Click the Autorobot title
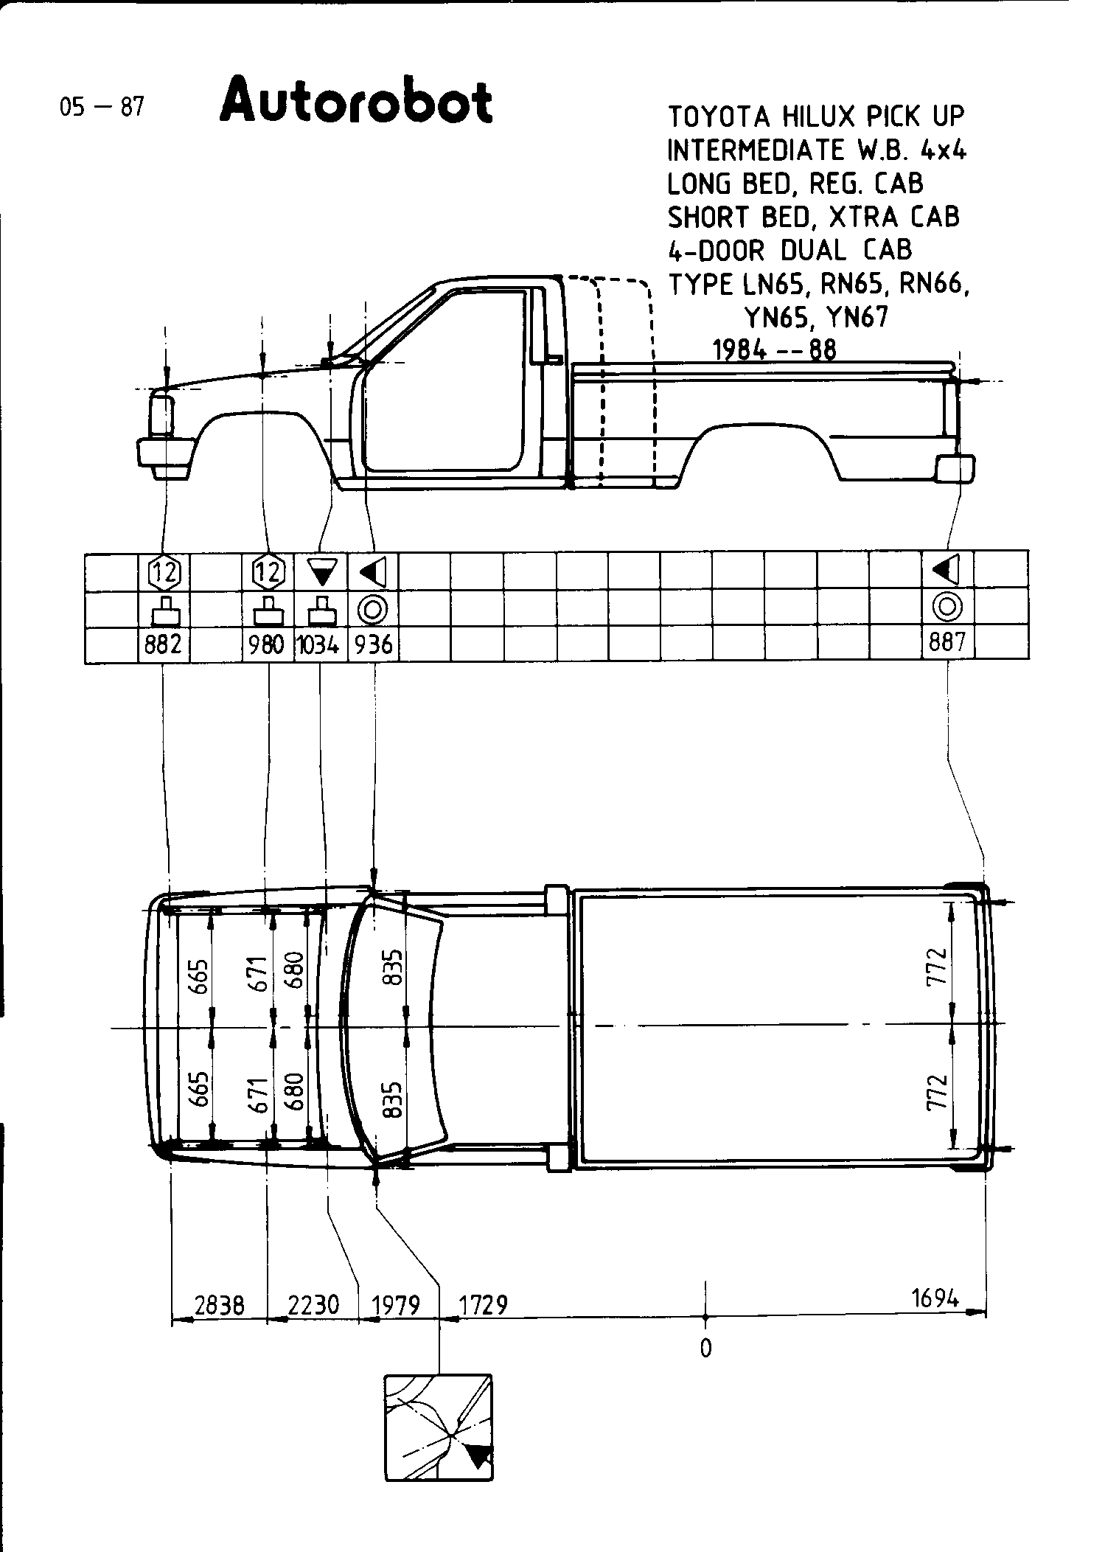[x=356, y=102]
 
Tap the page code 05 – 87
[x=102, y=108]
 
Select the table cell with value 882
[x=163, y=644]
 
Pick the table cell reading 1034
[x=319, y=645]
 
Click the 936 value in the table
[x=373, y=645]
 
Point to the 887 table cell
[x=947, y=643]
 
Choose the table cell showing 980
[x=267, y=645]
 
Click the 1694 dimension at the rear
[x=935, y=1298]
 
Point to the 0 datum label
[x=705, y=1348]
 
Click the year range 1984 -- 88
[x=775, y=349]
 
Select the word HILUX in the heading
[x=817, y=116]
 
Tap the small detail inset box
[x=438, y=1427]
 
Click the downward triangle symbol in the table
[x=321, y=571]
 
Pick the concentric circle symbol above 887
[x=947, y=607]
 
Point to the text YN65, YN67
[x=817, y=317]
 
